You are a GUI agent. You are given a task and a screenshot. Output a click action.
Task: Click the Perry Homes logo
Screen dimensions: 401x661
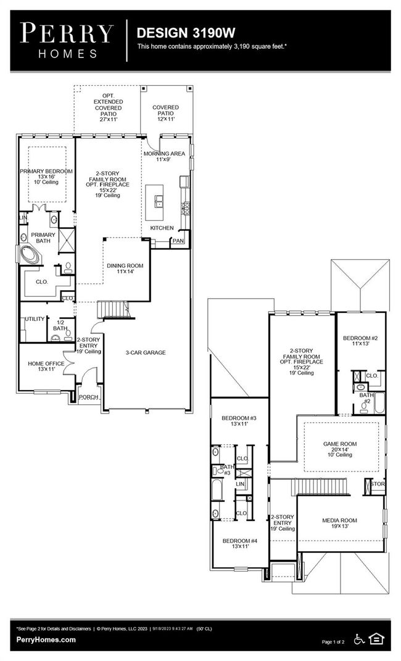(x=67, y=41)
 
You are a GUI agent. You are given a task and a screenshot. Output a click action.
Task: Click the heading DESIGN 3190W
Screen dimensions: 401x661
(x=186, y=33)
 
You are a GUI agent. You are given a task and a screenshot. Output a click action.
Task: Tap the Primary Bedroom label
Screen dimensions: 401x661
(x=46, y=171)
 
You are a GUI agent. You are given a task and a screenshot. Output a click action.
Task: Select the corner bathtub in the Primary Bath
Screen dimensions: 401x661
(x=30, y=255)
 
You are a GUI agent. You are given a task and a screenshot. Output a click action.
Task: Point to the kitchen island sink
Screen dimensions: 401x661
(x=159, y=201)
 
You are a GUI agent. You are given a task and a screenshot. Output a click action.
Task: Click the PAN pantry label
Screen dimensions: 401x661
(x=178, y=241)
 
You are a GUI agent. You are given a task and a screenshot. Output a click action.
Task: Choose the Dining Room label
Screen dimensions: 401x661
(x=125, y=265)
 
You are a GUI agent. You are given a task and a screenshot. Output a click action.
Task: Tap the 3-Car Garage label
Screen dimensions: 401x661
(x=146, y=352)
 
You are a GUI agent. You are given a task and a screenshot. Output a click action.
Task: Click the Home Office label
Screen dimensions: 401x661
(x=46, y=364)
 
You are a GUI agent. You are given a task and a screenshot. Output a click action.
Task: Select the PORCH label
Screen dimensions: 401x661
(x=88, y=397)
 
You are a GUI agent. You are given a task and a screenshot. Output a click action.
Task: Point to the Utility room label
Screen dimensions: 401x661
(x=35, y=318)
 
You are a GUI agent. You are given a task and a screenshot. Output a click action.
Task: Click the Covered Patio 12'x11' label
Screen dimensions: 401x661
(x=165, y=114)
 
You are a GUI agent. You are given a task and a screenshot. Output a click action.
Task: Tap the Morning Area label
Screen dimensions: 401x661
(x=164, y=154)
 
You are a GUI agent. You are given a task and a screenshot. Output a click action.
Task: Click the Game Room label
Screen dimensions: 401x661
(x=340, y=444)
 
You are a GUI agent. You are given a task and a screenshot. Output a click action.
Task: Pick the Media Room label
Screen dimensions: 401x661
(x=339, y=520)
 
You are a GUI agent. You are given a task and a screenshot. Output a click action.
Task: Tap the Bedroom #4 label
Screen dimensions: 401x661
(x=239, y=541)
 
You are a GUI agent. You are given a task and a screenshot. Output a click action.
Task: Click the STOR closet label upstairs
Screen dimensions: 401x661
(x=378, y=484)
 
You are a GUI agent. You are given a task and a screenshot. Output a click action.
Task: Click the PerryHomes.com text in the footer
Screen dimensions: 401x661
(x=46, y=639)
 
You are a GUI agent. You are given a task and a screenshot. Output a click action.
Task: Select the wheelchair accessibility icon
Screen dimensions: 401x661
(x=359, y=639)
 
